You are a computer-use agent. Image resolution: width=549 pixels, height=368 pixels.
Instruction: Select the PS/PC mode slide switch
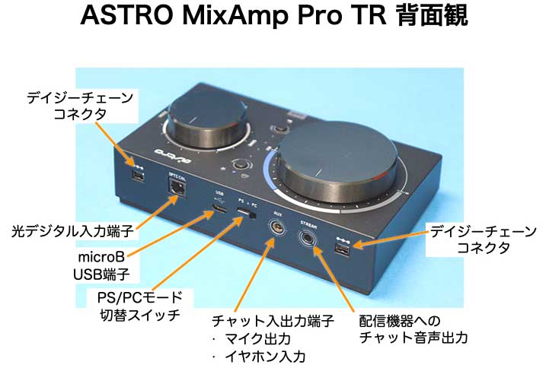point(246,219)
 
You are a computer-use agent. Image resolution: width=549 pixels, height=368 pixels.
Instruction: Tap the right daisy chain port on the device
point(343,250)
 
